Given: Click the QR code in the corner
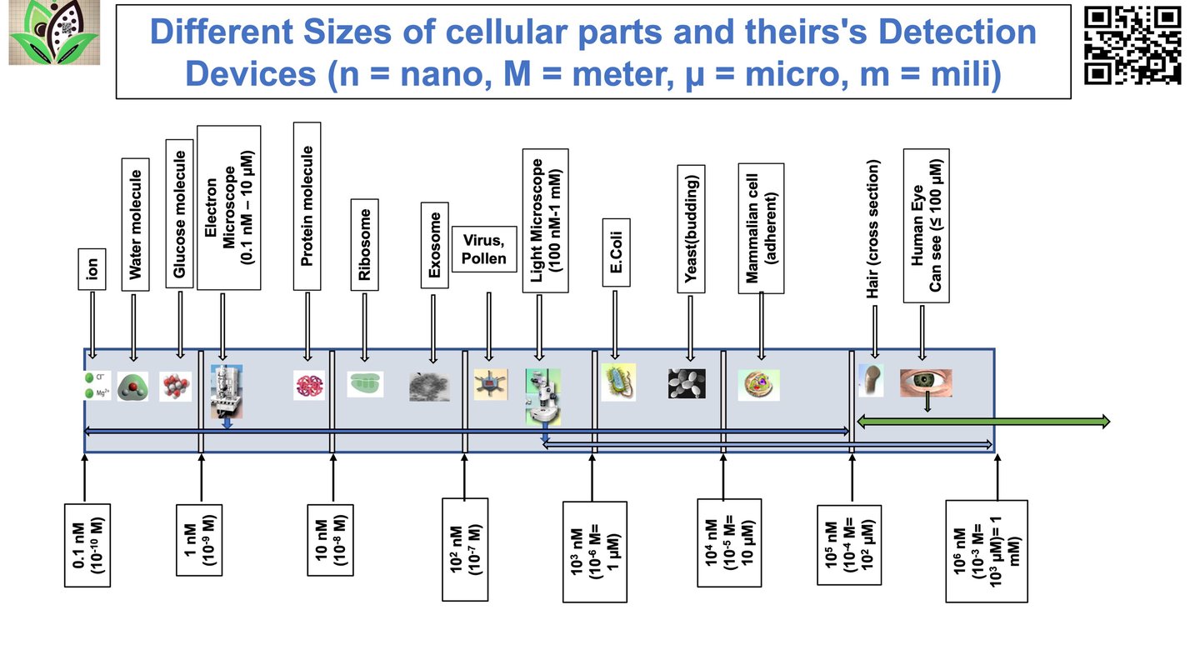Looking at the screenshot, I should (x=1134, y=45).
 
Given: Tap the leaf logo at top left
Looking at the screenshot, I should (x=54, y=33).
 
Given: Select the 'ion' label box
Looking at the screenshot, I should (x=92, y=267).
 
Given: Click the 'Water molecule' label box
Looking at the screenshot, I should (x=135, y=224).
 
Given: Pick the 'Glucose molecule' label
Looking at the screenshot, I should (x=180, y=213).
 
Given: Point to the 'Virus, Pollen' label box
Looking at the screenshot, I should (x=483, y=248).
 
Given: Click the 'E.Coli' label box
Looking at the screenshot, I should (x=615, y=252).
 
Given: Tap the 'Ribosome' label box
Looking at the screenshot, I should (x=364, y=244).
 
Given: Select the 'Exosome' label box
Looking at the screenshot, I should (x=434, y=245).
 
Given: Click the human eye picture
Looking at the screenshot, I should (x=925, y=382).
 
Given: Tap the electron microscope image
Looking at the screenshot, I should (x=227, y=391).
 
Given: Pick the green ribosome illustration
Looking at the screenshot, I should (x=366, y=383).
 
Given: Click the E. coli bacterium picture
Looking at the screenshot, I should (x=617, y=383).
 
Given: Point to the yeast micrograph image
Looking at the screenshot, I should (x=687, y=383).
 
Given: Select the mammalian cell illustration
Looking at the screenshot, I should (x=758, y=384).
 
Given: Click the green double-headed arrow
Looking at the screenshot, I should (x=983, y=422).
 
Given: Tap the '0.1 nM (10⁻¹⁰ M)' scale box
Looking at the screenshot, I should (x=87, y=544).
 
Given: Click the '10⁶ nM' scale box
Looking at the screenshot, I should (x=987, y=550).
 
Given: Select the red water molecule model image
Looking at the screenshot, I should (x=132, y=386).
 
